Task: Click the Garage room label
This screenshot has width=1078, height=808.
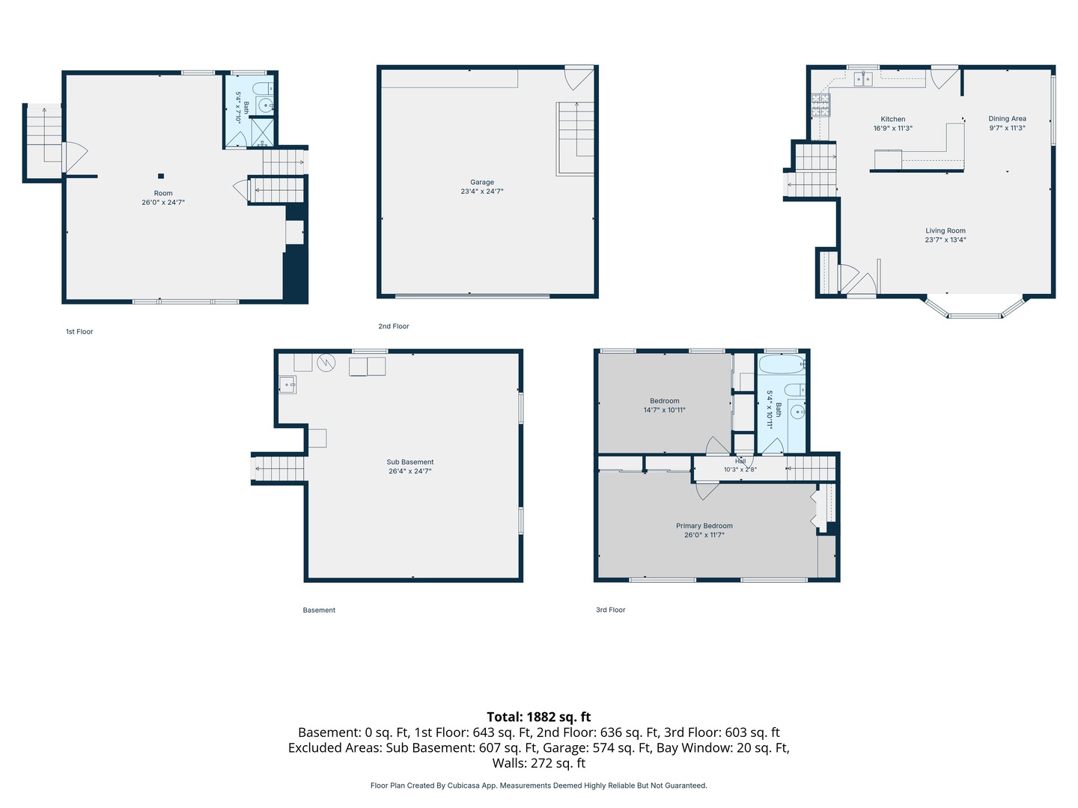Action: click(482, 182)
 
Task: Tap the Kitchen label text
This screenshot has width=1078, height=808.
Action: click(893, 119)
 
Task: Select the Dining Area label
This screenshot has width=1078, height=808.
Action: click(1008, 119)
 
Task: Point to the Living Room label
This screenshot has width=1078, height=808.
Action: click(945, 230)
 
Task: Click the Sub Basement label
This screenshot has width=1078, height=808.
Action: click(410, 462)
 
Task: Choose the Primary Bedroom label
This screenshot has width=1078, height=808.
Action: click(704, 526)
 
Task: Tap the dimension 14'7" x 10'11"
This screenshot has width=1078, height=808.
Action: click(665, 410)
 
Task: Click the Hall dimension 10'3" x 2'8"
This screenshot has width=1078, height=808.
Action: click(740, 470)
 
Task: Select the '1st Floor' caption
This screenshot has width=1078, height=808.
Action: click(79, 331)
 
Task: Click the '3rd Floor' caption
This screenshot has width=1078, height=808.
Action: click(610, 610)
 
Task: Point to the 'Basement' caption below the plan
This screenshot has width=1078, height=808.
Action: click(319, 610)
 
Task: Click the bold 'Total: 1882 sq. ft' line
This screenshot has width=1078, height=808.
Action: click(539, 717)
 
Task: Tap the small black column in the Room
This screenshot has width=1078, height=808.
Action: click(161, 176)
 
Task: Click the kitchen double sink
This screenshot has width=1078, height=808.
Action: click(863, 79)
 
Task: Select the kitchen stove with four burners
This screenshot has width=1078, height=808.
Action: click(820, 105)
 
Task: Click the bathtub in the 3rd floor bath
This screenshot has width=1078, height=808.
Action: click(782, 364)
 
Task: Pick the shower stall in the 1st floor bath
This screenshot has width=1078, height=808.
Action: click(263, 132)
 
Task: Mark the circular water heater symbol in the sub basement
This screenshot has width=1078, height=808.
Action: click(326, 363)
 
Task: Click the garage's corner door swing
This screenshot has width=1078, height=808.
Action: click(579, 79)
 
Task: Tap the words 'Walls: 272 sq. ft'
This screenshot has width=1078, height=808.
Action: click(539, 763)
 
